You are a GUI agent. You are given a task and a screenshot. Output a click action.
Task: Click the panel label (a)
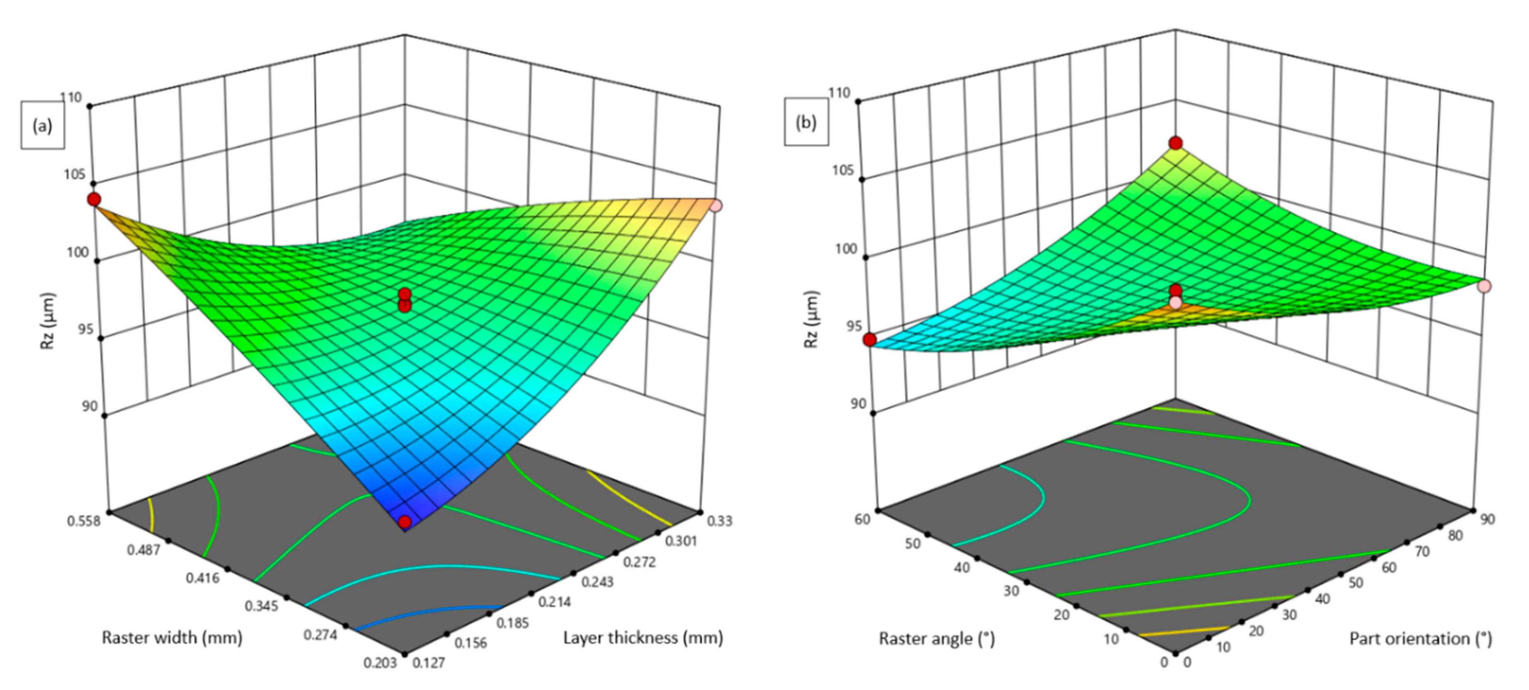click(x=42, y=126)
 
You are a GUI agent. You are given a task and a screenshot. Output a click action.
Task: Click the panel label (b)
click(x=806, y=123)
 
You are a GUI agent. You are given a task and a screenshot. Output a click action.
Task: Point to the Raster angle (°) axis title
click(x=936, y=639)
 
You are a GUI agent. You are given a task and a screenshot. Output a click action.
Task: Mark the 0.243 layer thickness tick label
click(x=598, y=582)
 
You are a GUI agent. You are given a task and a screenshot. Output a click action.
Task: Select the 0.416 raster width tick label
click(x=203, y=577)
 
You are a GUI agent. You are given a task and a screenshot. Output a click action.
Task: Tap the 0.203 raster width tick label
click(x=380, y=662)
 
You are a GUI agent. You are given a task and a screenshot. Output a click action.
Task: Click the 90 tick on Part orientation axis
click(x=1487, y=519)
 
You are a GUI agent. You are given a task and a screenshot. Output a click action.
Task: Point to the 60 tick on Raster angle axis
click(x=862, y=519)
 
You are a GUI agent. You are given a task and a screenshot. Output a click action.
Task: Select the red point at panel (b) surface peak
click(x=1175, y=143)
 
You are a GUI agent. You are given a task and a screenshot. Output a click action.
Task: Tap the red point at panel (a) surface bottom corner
click(x=405, y=522)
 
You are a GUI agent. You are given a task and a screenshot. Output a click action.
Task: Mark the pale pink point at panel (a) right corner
click(x=716, y=206)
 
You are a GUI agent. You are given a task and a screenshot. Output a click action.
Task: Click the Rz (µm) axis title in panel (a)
click(x=48, y=321)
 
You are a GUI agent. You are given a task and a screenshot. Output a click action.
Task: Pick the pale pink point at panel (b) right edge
click(x=1484, y=286)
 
